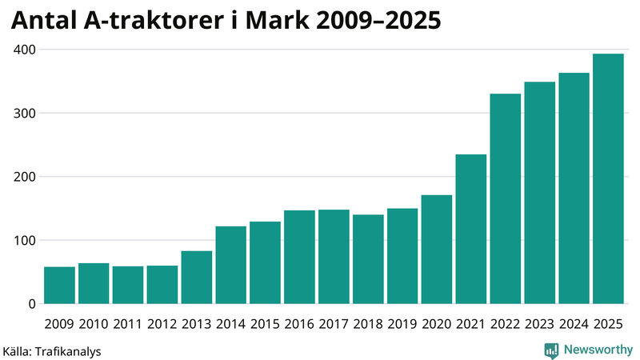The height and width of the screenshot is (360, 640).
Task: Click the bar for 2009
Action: pyautogui.click(x=59, y=286)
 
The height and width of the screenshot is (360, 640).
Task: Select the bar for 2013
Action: pyautogui.click(x=197, y=278)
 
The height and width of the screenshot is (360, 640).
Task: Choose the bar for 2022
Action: pyautogui.click(x=506, y=199)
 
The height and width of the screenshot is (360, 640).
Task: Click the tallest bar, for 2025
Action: pyautogui.click(x=608, y=179)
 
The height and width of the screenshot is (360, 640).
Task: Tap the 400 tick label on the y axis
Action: pyautogui.click(x=23, y=50)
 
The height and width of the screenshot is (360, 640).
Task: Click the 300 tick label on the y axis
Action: pyautogui.click(x=23, y=113)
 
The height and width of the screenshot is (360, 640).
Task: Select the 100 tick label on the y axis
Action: pyautogui.click(x=23, y=240)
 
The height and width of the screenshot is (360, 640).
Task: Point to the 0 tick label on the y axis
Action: pyautogui.click(x=30, y=304)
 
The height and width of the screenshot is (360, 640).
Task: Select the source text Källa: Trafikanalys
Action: pyautogui.click(x=52, y=350)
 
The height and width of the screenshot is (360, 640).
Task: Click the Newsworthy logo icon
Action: pyautogui.click(x=551, y=350)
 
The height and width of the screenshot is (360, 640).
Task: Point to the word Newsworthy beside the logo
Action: pyautogui.click(x=598, y=350)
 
